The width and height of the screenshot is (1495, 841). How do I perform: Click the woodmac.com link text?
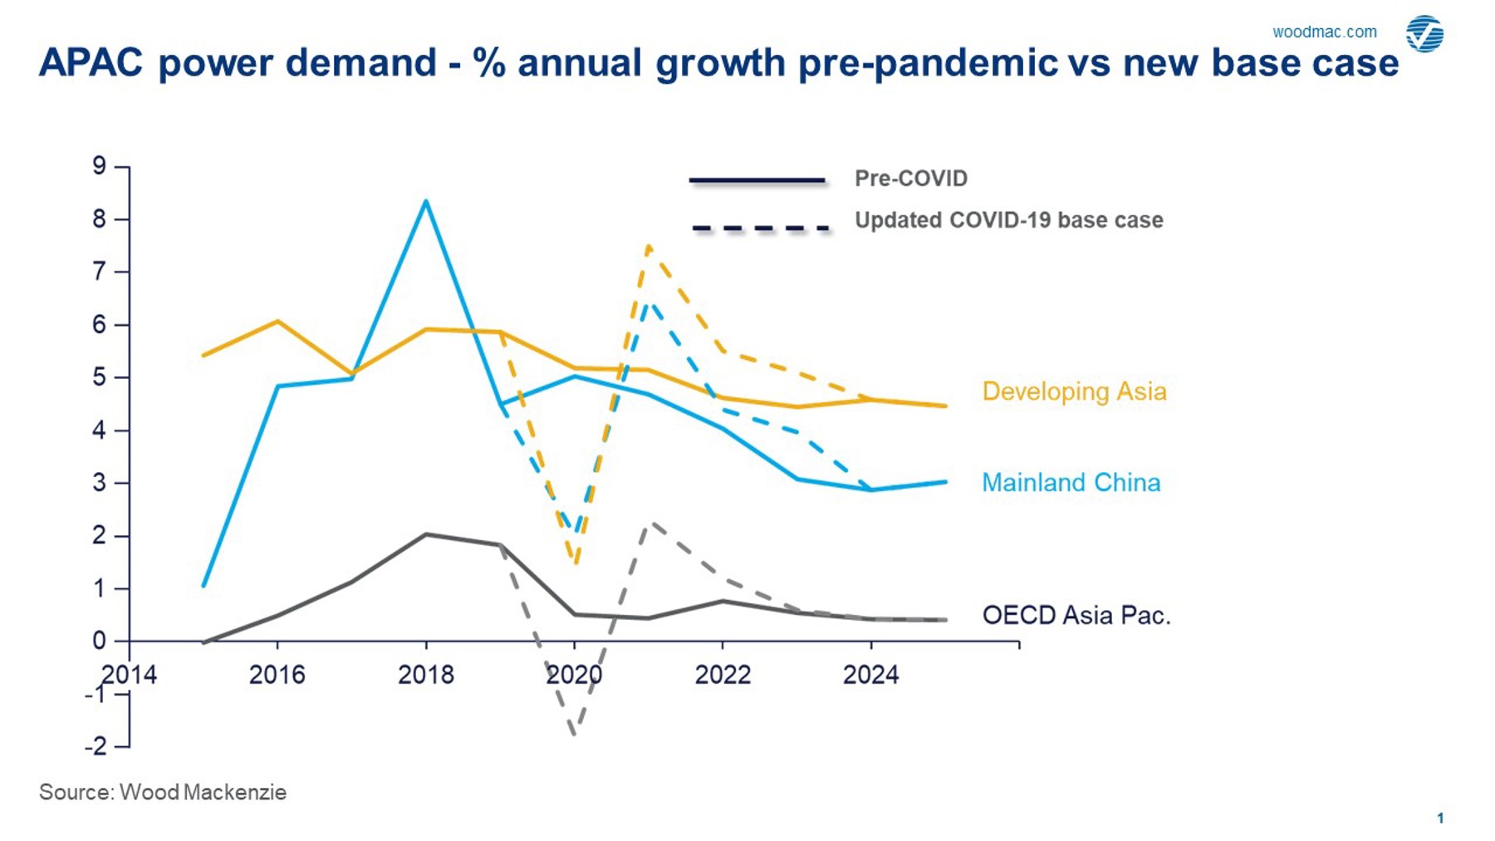coord(1324,32)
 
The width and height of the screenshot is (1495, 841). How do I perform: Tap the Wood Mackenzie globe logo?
coord(1424,34)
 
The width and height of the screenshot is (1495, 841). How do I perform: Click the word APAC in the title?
coord(91,63)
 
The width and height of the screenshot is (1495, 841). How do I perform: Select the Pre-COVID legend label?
coord(910,179)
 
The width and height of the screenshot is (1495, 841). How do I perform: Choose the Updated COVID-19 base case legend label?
coord(1008,220)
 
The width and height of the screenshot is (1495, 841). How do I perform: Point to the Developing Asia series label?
coord(1074,391)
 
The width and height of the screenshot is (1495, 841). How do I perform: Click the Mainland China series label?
coord(1071,483)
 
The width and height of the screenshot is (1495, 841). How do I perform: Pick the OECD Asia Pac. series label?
coord(1076,616)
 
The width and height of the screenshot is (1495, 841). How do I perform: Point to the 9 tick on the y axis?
coord(100,166)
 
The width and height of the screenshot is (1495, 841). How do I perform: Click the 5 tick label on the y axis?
coord(100,377)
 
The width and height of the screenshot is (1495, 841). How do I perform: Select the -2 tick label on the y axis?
coord(96,746)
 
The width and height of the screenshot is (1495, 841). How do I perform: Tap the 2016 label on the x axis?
coord(277,675)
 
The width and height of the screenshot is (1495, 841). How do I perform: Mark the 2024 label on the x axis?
coord(870,675)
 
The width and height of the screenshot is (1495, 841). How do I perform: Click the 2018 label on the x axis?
coord(425,675)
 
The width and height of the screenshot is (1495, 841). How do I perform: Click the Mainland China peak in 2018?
coord(426,201)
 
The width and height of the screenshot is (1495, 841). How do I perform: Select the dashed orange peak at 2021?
coord(648,246)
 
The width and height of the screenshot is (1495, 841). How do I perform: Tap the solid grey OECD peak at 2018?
coord(426,534)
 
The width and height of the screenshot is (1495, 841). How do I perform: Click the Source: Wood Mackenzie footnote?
coord(163,792)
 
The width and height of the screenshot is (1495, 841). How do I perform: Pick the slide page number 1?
coord(1440,819)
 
